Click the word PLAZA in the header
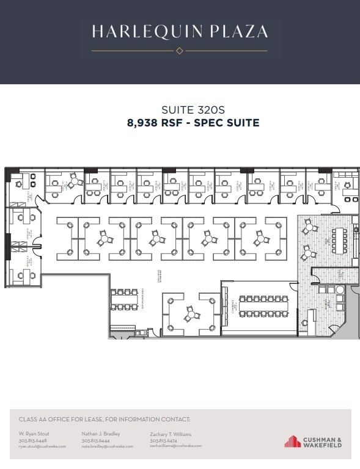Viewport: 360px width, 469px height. tap(237, 32)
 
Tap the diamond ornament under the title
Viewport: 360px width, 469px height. tap(180, 51)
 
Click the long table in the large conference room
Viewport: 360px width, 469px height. tap(262, 306)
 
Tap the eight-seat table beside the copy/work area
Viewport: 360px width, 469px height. tap(127, 300)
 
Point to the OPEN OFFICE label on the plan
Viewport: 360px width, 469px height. tap(160, 275)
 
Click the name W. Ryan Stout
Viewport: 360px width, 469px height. tap(34, 434)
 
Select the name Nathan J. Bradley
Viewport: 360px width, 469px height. tap(101, 434)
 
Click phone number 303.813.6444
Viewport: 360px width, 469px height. tap(96, 440)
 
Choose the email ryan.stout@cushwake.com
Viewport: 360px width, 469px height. tap(42, 446)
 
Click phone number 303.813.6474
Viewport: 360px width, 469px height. tap(163, 440)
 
